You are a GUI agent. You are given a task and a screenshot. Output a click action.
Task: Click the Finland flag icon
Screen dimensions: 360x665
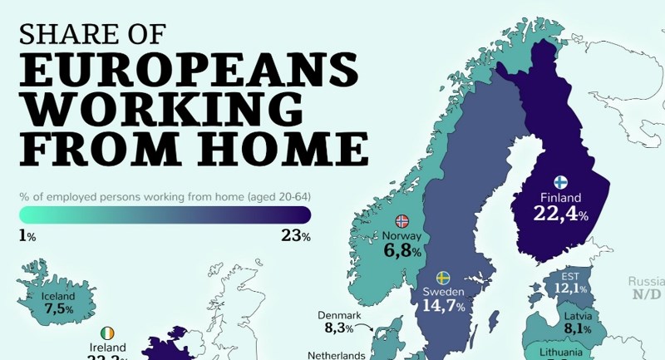tap(560, 182)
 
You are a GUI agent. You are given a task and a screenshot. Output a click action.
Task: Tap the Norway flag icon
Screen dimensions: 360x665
tap(402, 221)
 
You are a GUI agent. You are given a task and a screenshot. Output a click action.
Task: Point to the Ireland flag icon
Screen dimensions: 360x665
tap(108, 333)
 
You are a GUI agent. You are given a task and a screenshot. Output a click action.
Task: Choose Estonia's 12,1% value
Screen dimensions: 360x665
tap(570, 288)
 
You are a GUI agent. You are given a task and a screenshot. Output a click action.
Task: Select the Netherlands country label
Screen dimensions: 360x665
tap(336, 355)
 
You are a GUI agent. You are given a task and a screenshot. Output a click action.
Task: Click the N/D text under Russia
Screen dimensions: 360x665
tap(645, 294)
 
